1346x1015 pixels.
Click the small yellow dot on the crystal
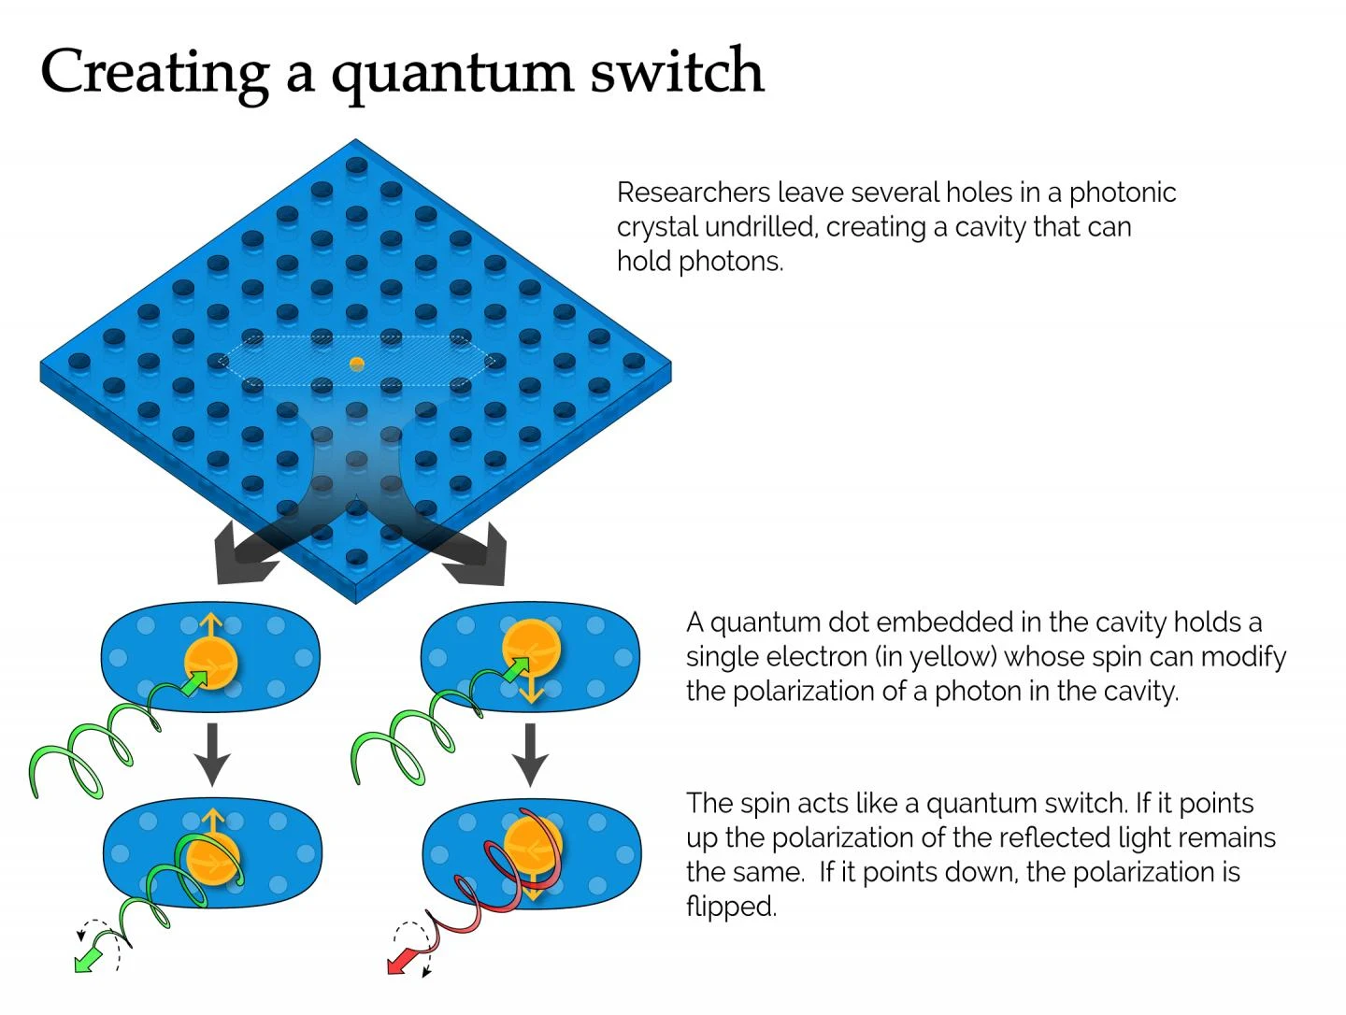tap(356, 364)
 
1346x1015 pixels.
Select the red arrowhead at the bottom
tap(401, 962)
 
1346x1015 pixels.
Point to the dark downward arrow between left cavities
tap(212, 753)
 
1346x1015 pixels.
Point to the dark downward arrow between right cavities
tap(530, 753)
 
